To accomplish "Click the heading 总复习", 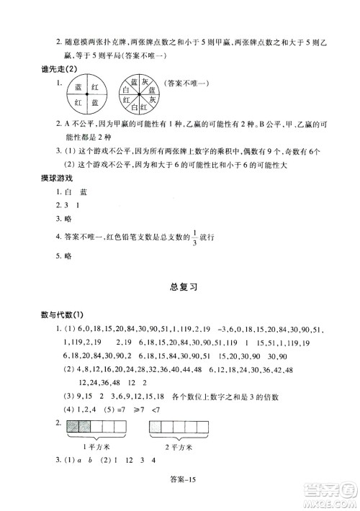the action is [179, 285].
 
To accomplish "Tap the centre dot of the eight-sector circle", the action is [138, 94].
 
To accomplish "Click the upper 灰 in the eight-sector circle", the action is [144, 81].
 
